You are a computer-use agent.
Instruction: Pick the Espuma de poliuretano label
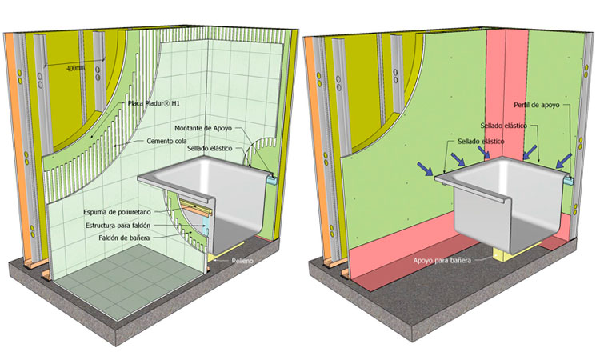click(114, 212)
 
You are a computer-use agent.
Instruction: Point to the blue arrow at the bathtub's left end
click(427, 169)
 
